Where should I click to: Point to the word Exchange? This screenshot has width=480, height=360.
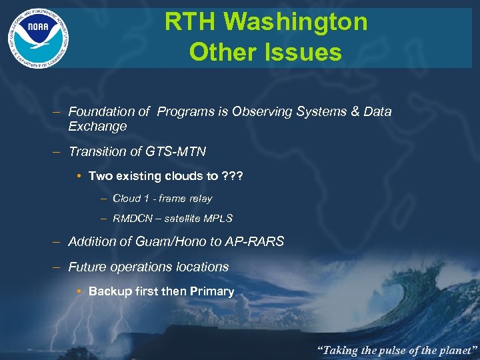click(97, 127)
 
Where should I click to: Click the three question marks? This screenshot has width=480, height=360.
click(232, 176)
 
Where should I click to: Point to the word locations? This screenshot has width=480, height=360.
click(198, 267)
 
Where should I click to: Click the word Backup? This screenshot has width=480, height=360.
click(109, 291)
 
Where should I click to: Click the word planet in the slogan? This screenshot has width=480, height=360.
click(453, 349)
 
